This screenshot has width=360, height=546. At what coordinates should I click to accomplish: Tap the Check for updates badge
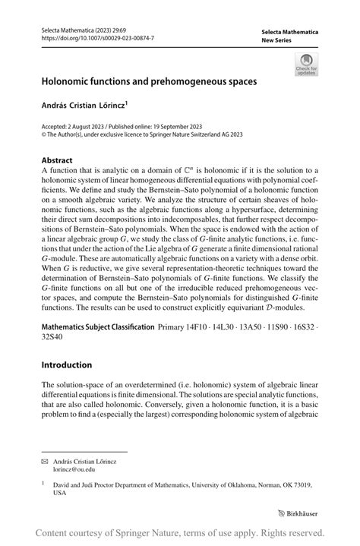(307, 64)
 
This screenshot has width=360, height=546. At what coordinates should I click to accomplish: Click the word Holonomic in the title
(70, 78)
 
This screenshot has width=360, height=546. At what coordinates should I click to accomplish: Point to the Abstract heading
(57, 160)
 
